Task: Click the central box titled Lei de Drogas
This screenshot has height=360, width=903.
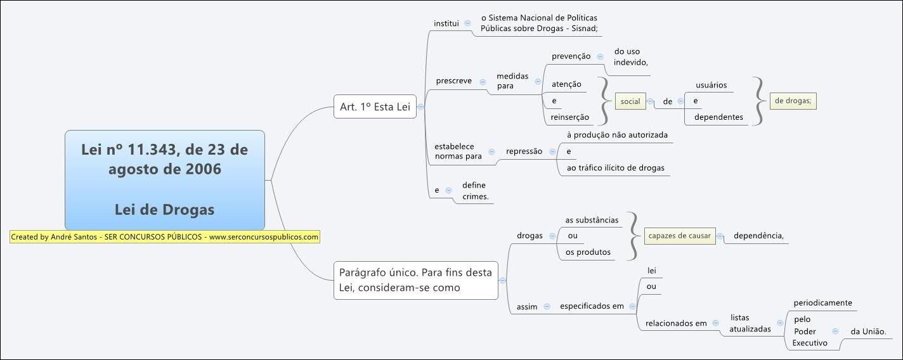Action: tap(164, 179)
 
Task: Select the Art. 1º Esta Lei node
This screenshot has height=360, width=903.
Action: tap(375, 107)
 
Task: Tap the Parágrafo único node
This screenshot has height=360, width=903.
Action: tap(415, 280)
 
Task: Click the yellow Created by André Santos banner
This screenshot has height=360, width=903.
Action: tap(164, 237)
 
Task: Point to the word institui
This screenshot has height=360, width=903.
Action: tap(446, 23)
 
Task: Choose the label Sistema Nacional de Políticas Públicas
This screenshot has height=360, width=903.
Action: tap(539, 23)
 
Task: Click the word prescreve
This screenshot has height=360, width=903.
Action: tap(453, 81)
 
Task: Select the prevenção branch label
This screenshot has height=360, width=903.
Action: tap(571, 56)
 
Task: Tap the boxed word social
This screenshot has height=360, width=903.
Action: tap(630, 101)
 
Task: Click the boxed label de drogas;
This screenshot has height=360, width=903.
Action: tap(793, 101)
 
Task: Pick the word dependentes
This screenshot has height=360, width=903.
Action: tap(718, 117)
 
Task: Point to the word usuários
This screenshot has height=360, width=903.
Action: tap(711, 85)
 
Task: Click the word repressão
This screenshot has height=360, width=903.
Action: tap(524, 151)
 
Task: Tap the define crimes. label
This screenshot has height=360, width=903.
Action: tap(475, 191)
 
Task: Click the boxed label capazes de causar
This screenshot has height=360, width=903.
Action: tap(679, 236)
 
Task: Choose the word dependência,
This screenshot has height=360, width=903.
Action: tap(758, 236)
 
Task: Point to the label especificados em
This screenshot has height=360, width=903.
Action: tap(592, 307)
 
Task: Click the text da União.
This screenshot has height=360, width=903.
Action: tap(867, 331)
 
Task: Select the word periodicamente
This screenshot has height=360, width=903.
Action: tap(823, 303)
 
